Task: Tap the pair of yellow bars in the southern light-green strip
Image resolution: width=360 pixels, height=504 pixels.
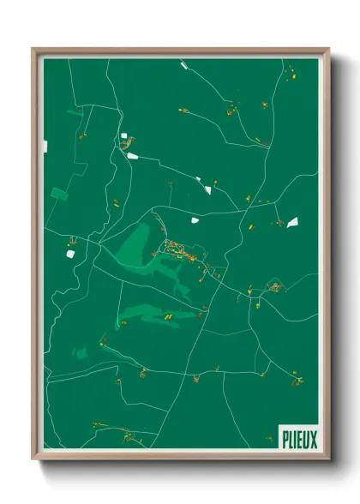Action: (x=169, y=315)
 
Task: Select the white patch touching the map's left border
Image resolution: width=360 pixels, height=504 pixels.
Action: (x=45, y=147)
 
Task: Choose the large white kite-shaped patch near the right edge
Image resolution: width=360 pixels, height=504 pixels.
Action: (x=292, y=222)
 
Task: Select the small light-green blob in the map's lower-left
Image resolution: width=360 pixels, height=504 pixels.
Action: (x=81, y=352)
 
